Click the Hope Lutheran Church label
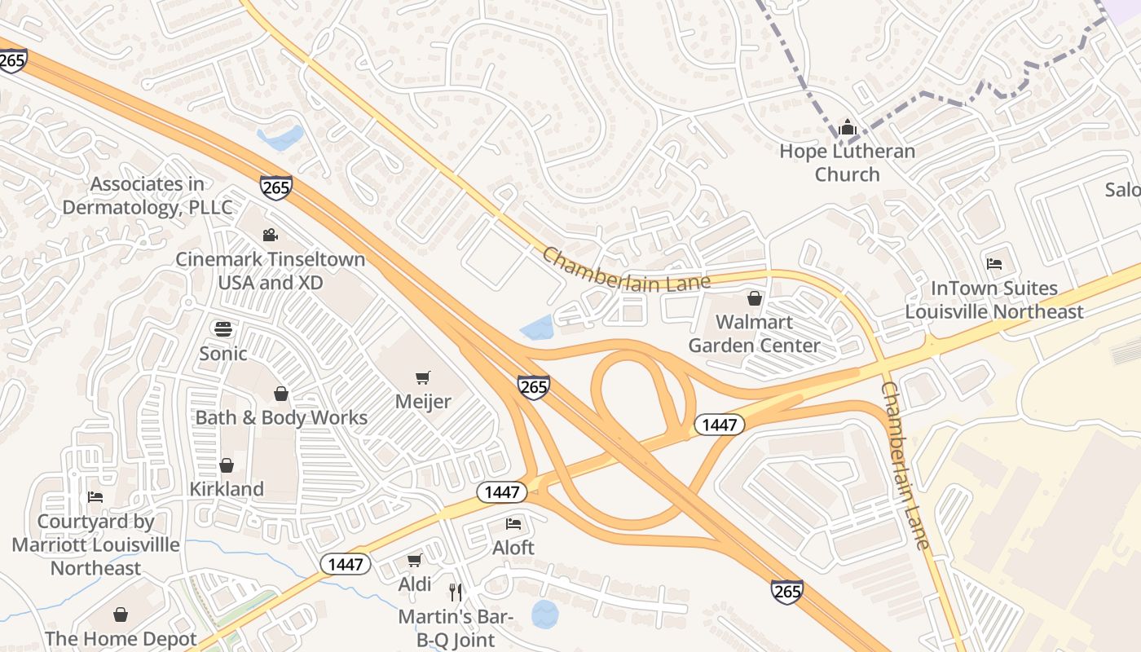pyautogui.click(x=847, y=162)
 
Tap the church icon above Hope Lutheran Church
pyautogui.click(x=848, y=127)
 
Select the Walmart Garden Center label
pyautogui.click(x=754, y=333)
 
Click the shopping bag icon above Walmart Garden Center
pyautogui.click(x=755, y=298)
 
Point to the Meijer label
pyautogui.click(x=423, y=402)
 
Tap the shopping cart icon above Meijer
pyautogui.click(x=423, y=377)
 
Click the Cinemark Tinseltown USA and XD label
pyautogui.click(x=271, y=271)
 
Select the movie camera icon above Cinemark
pyautogui.click(x=270, y=236)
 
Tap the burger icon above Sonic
pyautogui.click(x=223, y=329)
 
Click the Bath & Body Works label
pyautogui.click(x=281, y=418)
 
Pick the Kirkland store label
pyautogui.click(x=227, y=489)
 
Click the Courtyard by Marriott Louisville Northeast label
pyautogui.click(x=96, y=544)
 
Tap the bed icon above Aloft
pyautogui.click(x=513, y=523)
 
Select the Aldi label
pyautogui.click(x=415, y=584)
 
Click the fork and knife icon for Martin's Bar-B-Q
pyautogui.click(x=456, y=592)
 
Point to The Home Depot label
pyautogui.click(x=121, y=639)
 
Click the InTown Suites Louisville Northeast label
pyautogui.click(x=994, y=300)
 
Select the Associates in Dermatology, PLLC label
pyautogui.click(x=148, y=196)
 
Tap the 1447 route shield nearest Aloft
pyautogui.click(x=501, y=491)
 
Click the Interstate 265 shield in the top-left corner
pyautogui.click(x=12, y=61)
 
